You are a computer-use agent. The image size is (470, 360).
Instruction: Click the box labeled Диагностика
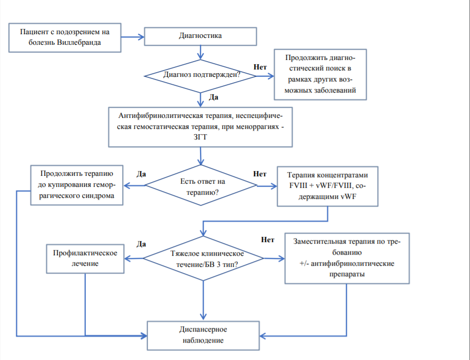tap(200, 36)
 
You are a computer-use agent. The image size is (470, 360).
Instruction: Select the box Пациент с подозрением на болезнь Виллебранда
tap(65, 38)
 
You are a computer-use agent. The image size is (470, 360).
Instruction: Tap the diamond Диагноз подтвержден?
tap(200, 76)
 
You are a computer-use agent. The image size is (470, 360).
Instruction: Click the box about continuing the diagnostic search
tap(320, 74)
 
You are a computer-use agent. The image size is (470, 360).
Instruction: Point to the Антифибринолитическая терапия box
tap(200, 127)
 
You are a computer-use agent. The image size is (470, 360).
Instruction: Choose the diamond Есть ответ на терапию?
tap(201, 185)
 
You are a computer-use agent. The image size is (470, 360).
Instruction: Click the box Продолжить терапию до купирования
tap(77, 185)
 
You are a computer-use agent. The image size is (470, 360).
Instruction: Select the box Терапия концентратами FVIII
tap(327, 186)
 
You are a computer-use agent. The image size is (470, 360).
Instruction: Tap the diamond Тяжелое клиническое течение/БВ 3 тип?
tap(203, 258)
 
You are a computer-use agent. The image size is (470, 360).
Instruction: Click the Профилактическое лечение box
tap(85, 259)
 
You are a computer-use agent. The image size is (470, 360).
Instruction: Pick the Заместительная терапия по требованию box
tap(347, 258)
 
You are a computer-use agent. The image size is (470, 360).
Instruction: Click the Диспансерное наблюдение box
tap(203, 335)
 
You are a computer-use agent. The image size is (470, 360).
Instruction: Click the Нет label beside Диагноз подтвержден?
tap(260, 67)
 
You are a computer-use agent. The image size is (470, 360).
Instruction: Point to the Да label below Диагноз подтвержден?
tap(213, 97)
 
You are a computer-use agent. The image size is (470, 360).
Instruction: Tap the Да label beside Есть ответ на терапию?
tap(141, 174)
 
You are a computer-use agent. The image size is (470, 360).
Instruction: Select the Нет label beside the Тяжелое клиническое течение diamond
tap(267, 239)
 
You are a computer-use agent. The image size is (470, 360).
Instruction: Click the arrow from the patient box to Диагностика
tap(133, 37)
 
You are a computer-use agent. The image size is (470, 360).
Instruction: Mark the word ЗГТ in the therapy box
tap(200, 137)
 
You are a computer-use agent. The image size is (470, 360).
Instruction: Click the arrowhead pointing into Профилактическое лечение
tap(127, 259)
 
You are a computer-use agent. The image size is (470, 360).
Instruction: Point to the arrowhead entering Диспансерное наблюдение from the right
tap(263, 336)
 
